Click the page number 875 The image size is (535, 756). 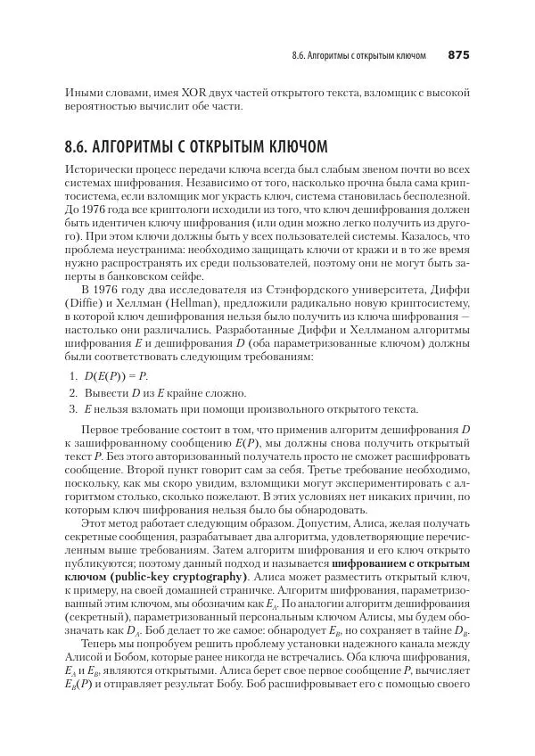click(457, 55)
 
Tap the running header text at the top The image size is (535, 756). click(358, 55)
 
